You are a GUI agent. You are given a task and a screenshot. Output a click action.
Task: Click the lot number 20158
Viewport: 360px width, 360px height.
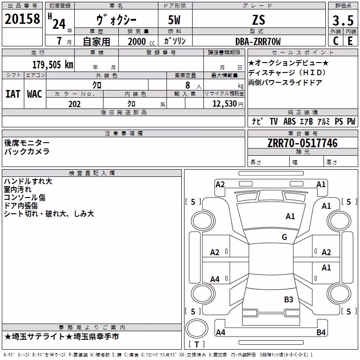click(22, 19)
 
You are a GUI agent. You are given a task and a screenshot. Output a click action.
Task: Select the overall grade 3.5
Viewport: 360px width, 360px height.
click(343, 20)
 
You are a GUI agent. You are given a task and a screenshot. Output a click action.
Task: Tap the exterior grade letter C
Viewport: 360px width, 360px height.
click(336, 41)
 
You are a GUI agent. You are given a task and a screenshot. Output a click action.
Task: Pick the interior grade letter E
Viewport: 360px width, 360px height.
click(350, 41)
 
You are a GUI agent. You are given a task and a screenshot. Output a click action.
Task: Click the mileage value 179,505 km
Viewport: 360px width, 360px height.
click(53, 65)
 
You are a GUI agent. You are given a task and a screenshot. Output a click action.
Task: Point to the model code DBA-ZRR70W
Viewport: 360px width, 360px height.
click(258, 41)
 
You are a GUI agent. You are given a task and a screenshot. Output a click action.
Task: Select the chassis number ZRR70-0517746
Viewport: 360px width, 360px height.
click(302, 143)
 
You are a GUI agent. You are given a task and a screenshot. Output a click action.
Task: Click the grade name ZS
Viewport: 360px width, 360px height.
click(259, 20)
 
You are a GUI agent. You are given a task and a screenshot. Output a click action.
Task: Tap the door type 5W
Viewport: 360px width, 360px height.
click(174, 20)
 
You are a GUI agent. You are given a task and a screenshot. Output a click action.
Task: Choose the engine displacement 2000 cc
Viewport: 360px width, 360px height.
click(141, 41)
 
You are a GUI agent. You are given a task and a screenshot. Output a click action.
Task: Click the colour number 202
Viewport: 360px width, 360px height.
click(74, 104)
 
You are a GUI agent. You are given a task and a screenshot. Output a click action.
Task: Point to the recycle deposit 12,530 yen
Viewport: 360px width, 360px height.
click(228, 104)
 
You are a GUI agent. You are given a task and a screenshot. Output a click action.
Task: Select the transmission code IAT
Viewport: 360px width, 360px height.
click(13, 94)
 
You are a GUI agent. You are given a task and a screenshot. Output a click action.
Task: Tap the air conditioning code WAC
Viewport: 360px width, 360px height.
click(35, 94)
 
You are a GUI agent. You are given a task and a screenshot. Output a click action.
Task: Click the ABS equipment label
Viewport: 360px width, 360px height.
click(289, 121)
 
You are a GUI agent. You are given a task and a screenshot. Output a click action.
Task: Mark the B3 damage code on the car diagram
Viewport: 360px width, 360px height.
click(288, 300)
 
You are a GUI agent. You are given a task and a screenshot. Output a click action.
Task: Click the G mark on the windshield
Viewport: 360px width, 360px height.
click(284, 237)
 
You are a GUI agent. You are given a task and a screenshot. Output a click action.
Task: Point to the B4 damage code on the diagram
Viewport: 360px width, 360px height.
click(321, 332)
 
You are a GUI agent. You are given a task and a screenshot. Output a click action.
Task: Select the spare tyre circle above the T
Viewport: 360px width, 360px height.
click(197, 328)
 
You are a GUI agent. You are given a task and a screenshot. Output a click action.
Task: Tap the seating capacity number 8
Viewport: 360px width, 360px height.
click(188, 85)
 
